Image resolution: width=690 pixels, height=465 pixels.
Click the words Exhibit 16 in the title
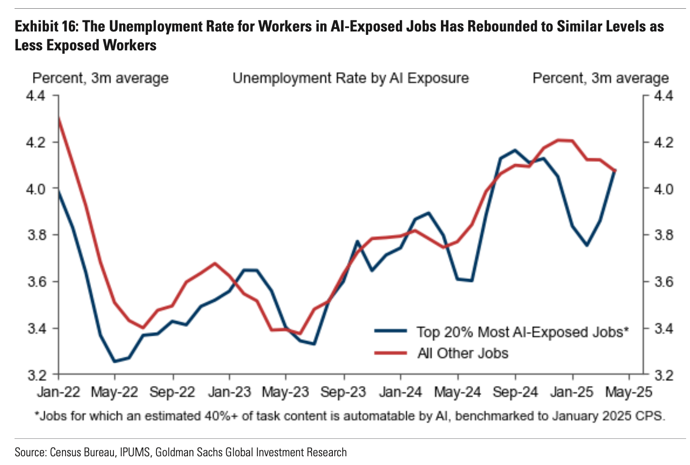click(x=46, y=26)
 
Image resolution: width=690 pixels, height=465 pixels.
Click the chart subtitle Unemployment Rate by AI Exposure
click(x=350, y=78)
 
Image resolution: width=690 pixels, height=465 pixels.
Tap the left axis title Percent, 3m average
click(x=100, y=78)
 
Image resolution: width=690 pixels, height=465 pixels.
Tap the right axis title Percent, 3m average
click(x=600, y=78)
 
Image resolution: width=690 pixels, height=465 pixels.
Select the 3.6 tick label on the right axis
click(x=663, y=282)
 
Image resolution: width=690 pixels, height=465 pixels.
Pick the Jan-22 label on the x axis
click(x=58, y=392)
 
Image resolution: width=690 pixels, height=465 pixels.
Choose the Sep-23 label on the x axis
click(x=344, y=392)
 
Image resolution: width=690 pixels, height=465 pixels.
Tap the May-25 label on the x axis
click(x=629, y=392)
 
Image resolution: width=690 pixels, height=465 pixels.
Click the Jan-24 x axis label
click(x=401, y=392)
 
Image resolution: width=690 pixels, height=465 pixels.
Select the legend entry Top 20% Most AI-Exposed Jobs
click(x=522, y=332)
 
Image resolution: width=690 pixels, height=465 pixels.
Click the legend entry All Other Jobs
click(x=463, y=353)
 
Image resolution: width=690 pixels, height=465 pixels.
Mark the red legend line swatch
click(x=391, y=353)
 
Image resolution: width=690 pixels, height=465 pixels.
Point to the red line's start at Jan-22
click(x=59, y=118)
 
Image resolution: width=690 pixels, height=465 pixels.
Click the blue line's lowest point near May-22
click(x=115, y=361)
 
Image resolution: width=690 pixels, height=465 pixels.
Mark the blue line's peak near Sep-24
click(x=515, y=150)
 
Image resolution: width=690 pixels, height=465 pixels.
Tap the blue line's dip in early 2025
click(x=587, y=245)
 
